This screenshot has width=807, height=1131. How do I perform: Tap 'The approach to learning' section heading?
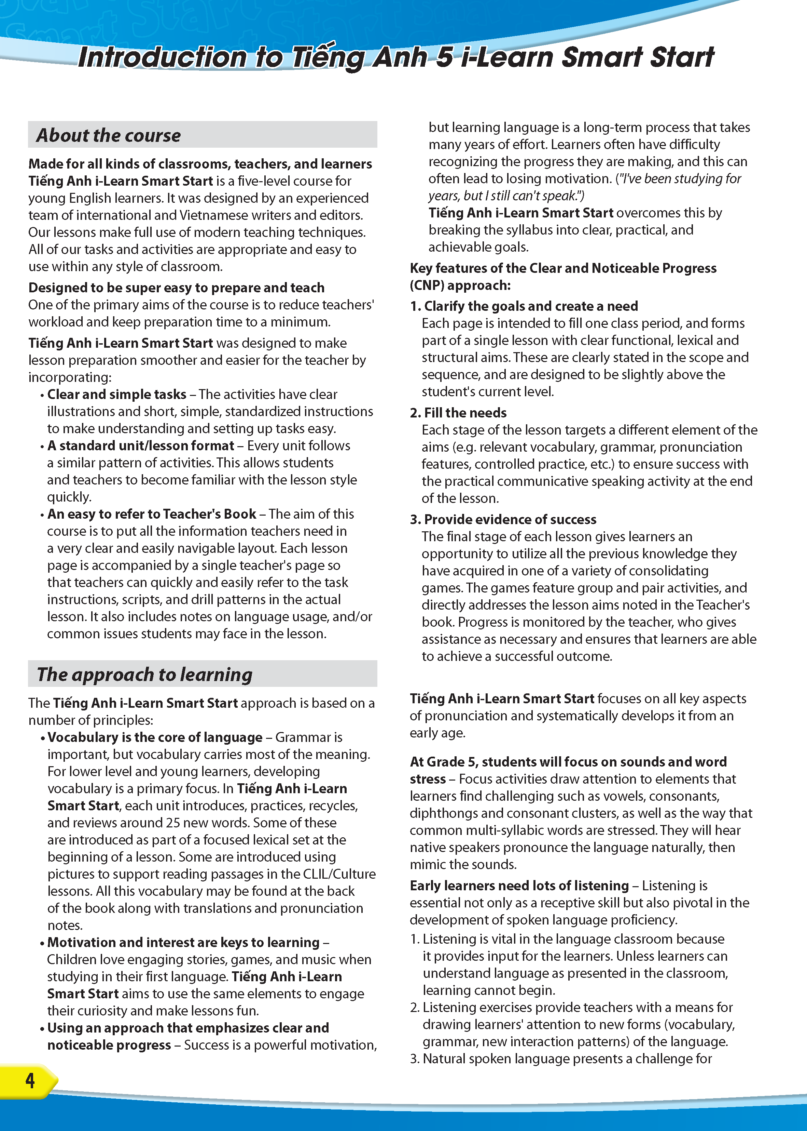144,675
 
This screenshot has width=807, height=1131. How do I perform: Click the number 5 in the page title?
444,57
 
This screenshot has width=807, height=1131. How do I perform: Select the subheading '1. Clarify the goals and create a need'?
524,306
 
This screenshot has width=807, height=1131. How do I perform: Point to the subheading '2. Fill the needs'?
458,413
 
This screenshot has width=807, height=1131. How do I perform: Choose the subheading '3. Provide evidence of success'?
503,519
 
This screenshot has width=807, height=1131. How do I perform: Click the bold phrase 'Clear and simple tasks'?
117,395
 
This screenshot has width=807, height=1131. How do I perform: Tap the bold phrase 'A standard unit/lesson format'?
141,445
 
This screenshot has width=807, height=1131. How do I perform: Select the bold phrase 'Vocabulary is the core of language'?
155,737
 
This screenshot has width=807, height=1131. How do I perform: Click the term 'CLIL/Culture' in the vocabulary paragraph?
340,874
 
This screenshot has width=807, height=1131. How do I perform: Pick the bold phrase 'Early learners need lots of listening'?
519,886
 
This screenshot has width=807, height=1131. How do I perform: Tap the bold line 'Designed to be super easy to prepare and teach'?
177,288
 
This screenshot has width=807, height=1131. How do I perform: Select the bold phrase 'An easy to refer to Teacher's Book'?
152,514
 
